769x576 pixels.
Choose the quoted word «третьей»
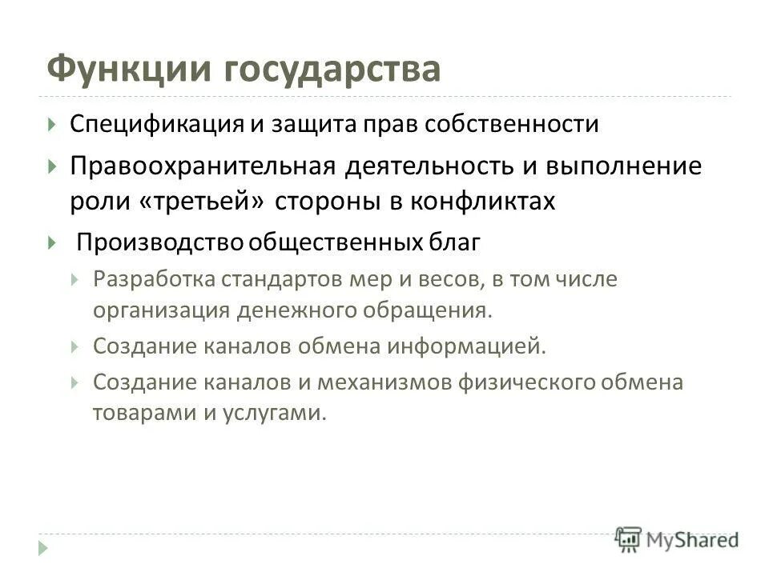[x=203, y=200]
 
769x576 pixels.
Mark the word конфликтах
[x=482, y=200]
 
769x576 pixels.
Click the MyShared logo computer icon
[x=629, y=538]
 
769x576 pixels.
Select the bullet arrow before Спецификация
[x=51, y=126]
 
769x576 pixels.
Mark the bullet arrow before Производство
[x=51, y=242]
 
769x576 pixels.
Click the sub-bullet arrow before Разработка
[x=74, y=280]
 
